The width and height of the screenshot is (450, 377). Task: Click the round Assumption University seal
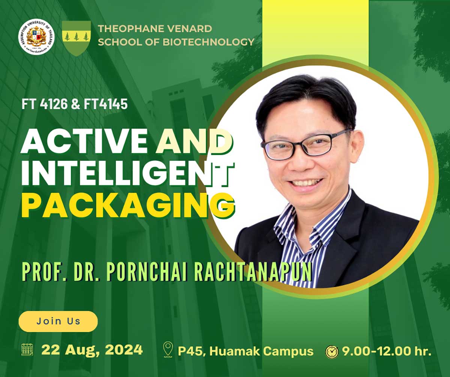[x=36, y=37]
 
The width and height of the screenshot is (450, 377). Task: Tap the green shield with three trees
[x=76, y=38]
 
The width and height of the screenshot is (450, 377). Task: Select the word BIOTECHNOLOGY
[x=208, y=42]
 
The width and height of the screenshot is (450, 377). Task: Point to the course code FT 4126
[x=45, y=104]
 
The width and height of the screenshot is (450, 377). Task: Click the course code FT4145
[x=106, y=104]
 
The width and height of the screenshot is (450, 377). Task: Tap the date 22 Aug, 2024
[x=92, y=350]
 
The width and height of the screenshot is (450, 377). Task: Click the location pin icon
[x=168, y=350]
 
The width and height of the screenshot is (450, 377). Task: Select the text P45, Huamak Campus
[x=246, y=351]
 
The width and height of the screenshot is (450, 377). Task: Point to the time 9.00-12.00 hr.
[x=387, y=351]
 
